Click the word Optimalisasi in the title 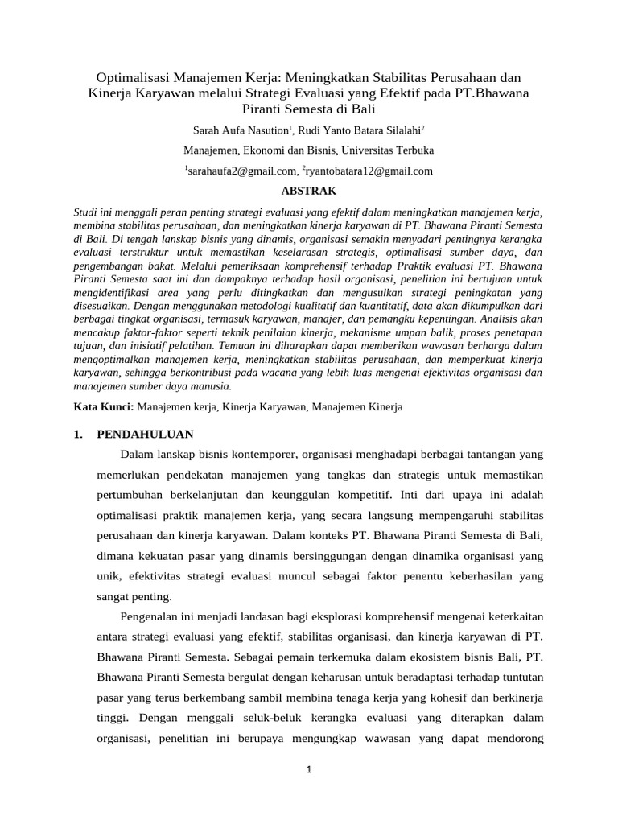[x=134, y=78]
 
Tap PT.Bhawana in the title [x=492, y=93]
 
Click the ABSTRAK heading [x=307, y=191]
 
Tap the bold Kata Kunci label [x=104, y=407]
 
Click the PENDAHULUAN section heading [x=145, y=435]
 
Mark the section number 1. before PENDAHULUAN [x=78, y=435]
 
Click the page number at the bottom [x=308, y=769]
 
